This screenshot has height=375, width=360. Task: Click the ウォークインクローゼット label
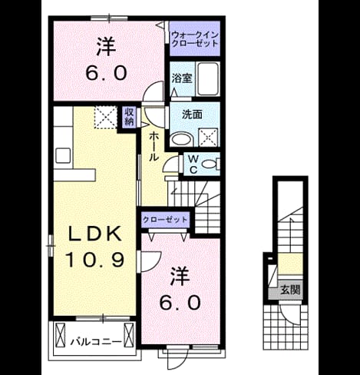[194, 38]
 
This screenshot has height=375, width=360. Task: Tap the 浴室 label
[182, 78]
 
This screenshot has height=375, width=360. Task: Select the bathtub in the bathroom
[208, 79]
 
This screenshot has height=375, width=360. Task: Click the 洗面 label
[192, 114]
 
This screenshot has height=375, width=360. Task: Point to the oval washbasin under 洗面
[181, 140]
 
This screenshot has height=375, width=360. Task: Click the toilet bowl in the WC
[209, 164]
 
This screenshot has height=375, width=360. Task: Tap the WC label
[193, 164]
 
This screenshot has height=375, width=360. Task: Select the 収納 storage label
[129, 117]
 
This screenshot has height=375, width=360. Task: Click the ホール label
[154, 146]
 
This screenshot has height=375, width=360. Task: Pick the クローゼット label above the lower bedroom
[165, 220]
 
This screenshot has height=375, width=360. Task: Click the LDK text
[94, 233]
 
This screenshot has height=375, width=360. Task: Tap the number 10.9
[95, 259]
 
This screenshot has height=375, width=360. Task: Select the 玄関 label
[290, 290]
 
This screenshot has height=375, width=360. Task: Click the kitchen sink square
[63, 155]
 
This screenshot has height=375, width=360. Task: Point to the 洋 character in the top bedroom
[106, 47]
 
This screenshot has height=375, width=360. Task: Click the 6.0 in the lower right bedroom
[180, 303]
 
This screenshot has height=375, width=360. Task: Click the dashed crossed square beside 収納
[106, 117]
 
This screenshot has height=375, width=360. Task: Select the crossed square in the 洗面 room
[208, 137]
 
